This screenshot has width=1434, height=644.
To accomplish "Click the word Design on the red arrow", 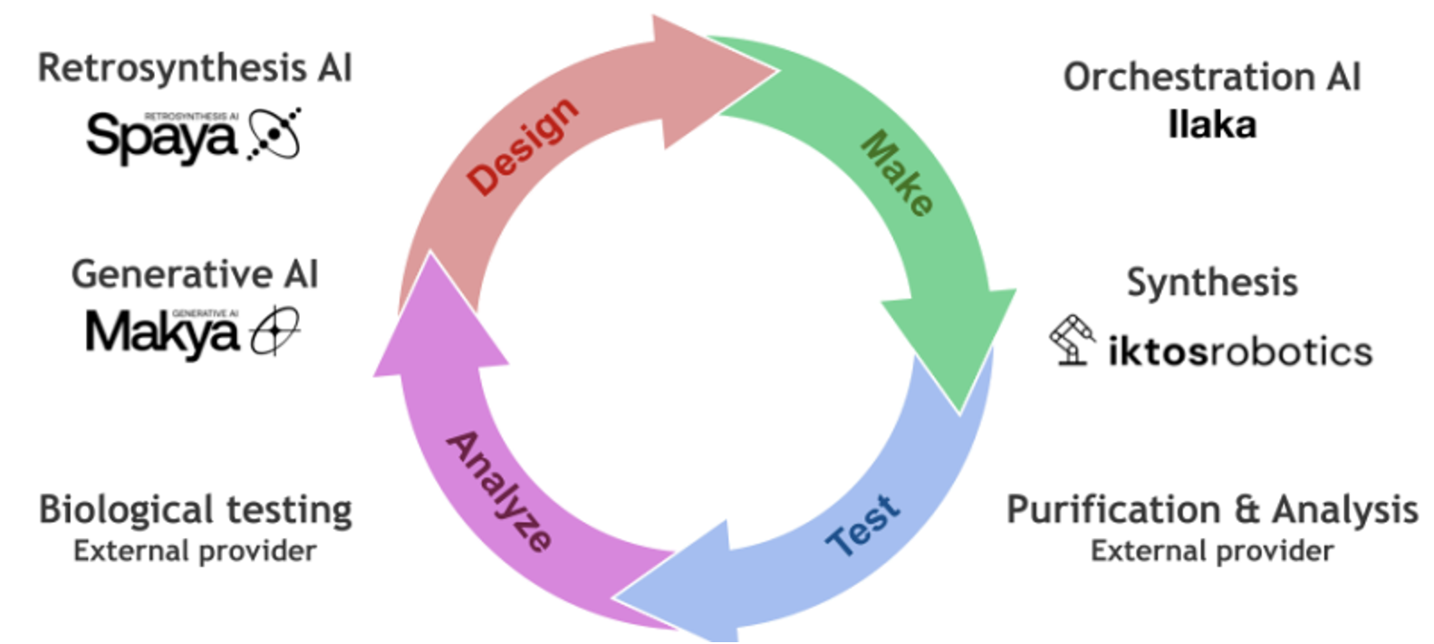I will [x=523, y=145].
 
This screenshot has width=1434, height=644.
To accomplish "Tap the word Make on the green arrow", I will [x=896, y=173].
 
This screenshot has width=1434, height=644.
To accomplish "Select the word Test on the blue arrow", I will [x=864, y=524].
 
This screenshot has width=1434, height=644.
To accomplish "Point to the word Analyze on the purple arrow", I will [x=499, y=490].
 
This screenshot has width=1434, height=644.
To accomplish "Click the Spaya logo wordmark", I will [x=161, y=138].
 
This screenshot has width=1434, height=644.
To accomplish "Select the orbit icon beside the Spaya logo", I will [x=274, y=133].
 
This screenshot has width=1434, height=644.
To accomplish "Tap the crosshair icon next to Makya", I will [x=274, y=331].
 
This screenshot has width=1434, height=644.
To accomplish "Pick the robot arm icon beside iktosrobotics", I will [x=1073, y=340].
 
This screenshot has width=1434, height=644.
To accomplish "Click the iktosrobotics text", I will [x=1239, y=351].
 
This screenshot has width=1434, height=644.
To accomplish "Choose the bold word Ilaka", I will [x=1211, y=125].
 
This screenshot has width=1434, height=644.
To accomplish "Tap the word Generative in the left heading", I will [x=171, y=274].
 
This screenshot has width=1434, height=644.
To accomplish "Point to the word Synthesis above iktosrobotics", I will [x=1211, y=283].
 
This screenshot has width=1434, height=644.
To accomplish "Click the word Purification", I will [x=1113, y=510].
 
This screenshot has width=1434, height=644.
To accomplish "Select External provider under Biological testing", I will [x=195, y=551].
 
